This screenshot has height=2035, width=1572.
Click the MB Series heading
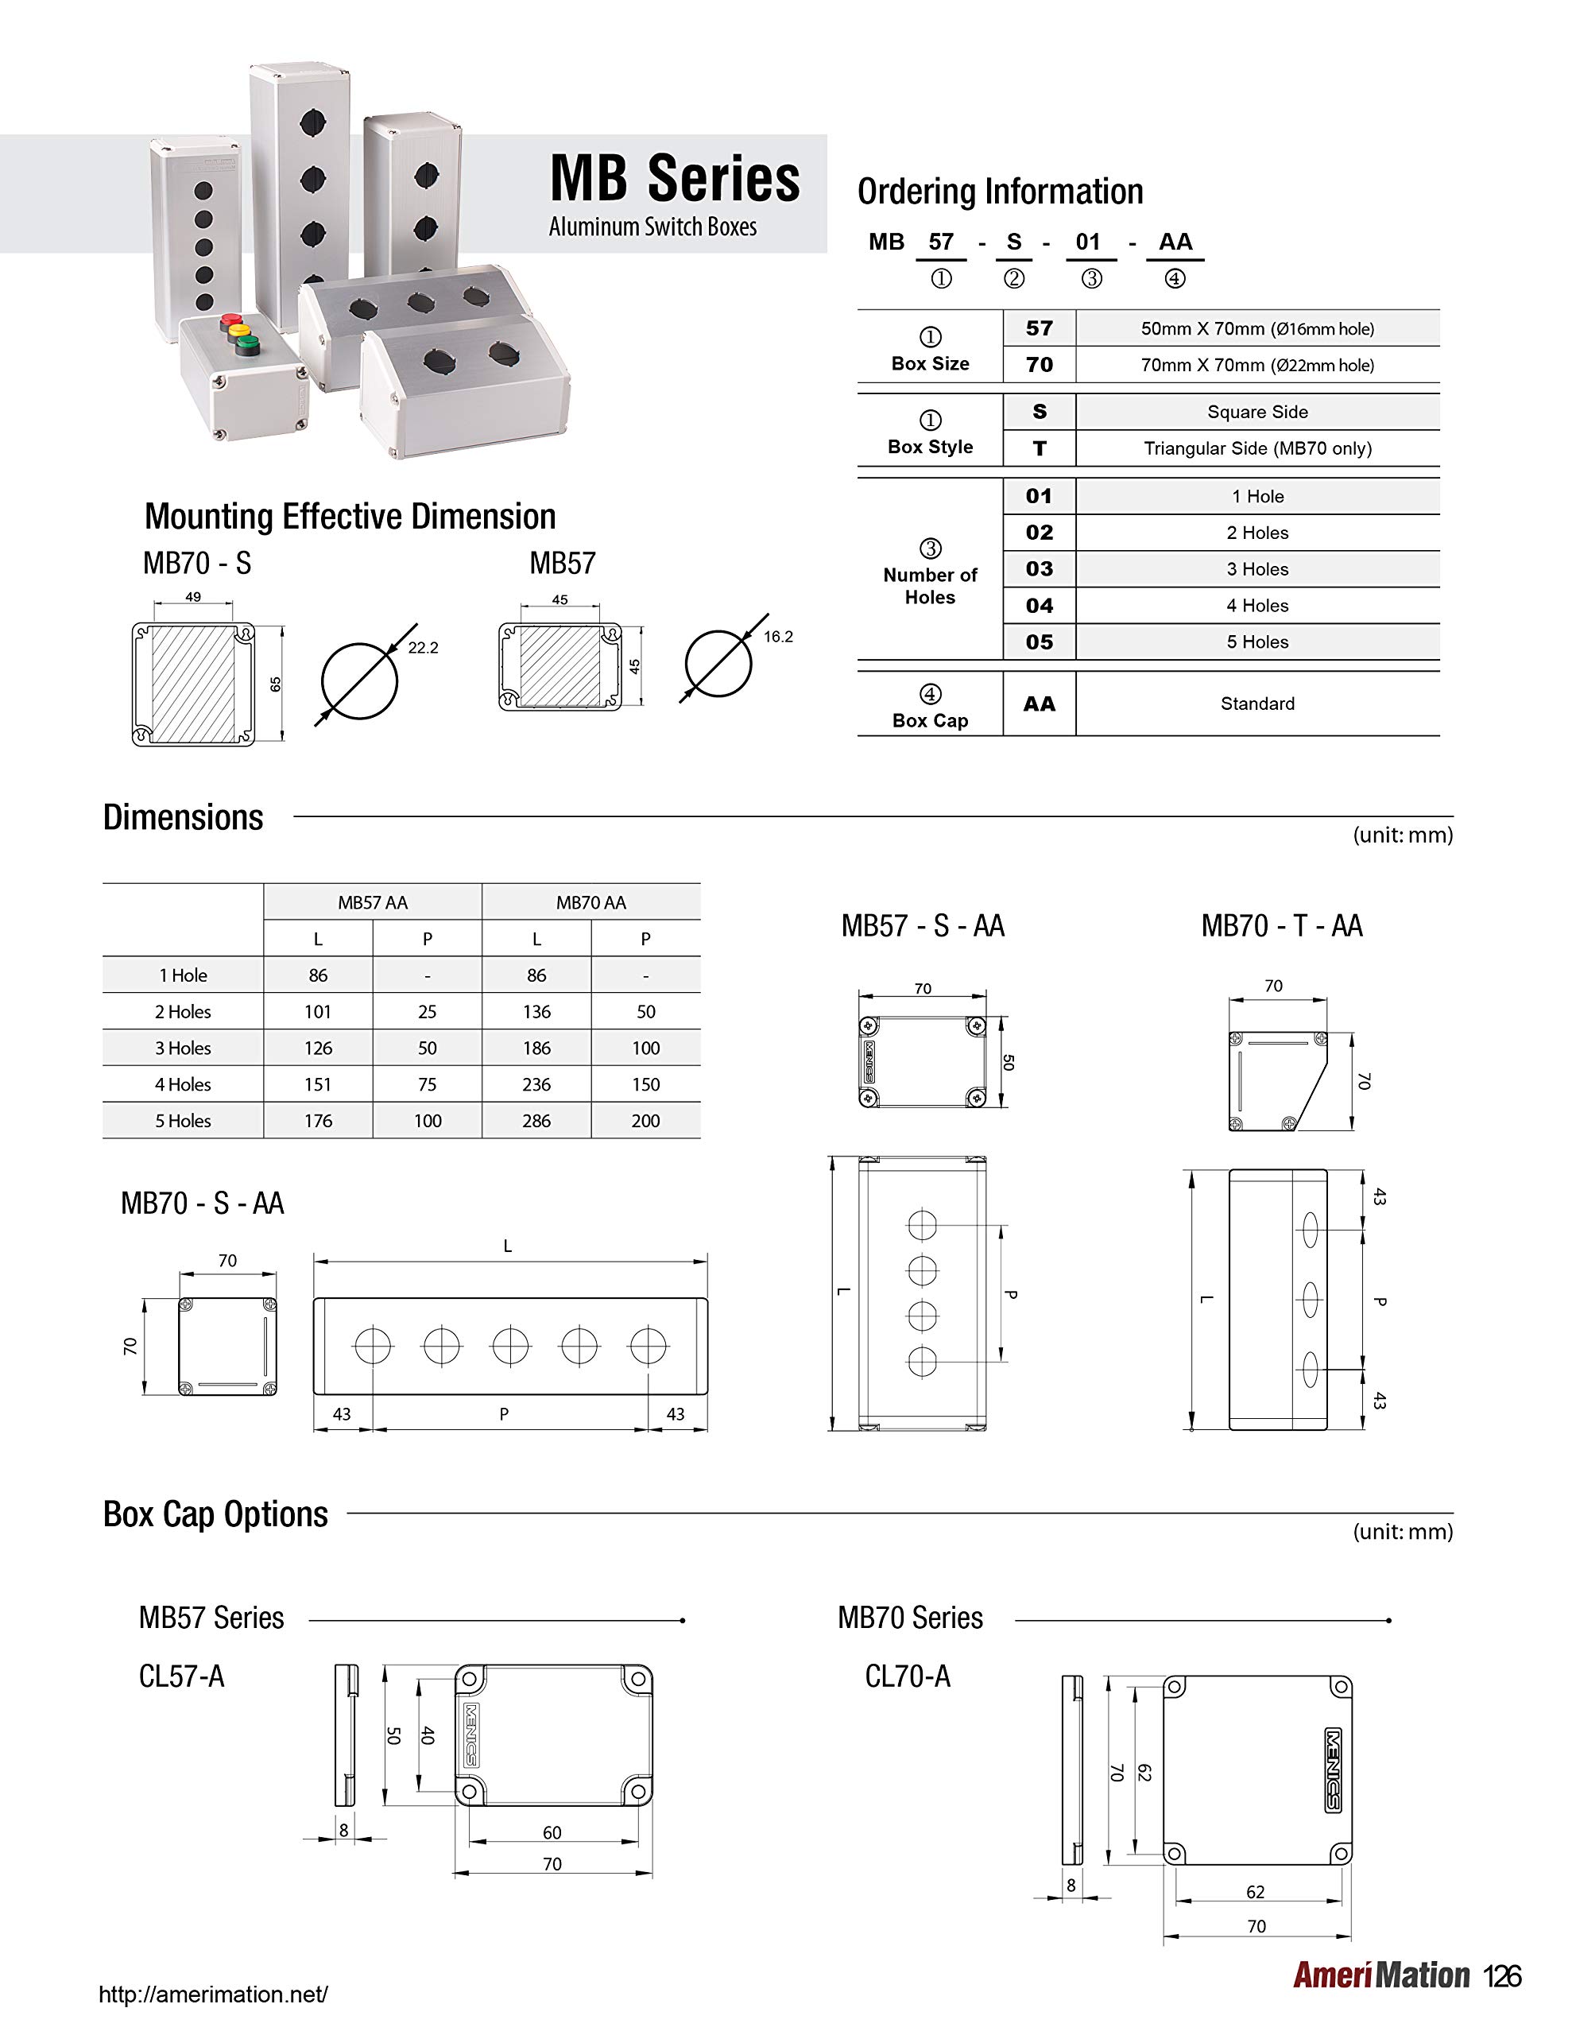[x=675, y=179]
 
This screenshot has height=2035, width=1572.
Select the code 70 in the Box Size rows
[x=1039, y=365]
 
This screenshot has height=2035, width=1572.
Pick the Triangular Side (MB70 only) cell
[x=1257, y=448]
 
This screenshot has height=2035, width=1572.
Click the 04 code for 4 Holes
[x=1039, y=606]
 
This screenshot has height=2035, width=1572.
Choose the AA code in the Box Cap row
[x=1039, y=704]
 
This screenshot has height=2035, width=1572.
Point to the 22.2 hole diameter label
[x=422, y=648]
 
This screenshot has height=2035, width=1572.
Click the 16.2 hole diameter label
[x=777, y=637]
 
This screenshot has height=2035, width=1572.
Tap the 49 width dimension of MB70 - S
[x=193, y=596]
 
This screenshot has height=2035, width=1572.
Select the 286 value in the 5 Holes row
[x=536, y=1121]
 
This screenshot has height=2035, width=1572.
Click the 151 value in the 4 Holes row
[x=318, y=1084]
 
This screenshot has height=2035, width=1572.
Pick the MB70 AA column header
[x=590, y=902]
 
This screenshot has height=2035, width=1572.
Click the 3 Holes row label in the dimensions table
[x=183, y=1049]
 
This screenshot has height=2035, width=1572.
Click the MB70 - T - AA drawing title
[x=1281, y=926]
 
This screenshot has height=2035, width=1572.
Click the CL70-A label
[x=907, y=1676]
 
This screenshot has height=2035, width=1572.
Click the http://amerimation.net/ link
[x=214, y=1995]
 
